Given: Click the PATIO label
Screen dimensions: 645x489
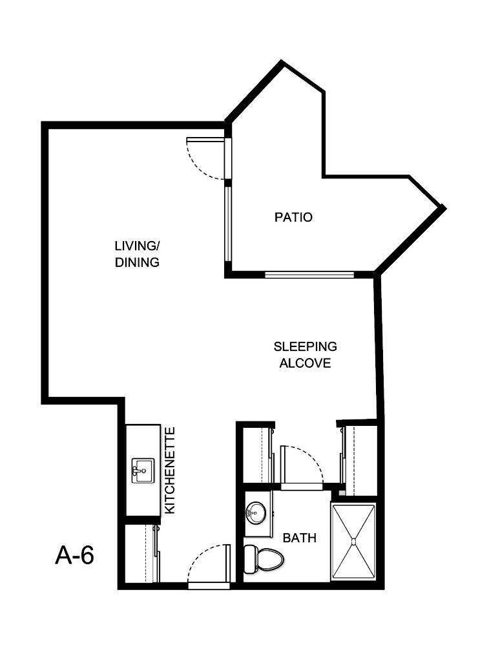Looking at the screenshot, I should coord(293,217).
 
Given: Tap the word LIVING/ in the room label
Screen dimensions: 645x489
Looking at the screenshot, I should coord(136,246).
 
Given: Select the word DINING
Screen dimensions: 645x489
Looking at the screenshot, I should coord(136,263).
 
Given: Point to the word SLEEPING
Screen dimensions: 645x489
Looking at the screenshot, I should coord(305,347).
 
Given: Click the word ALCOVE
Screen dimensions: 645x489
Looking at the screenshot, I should coord(305,363).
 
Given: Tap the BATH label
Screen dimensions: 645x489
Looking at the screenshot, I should coord(300,538).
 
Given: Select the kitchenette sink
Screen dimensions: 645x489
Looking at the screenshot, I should coord(141,471).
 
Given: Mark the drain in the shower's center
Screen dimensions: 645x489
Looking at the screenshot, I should coord(353,540).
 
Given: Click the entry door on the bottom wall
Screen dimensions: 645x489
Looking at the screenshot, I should coord(209,565).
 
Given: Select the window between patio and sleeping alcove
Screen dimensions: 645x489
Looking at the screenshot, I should coord(309,275).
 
